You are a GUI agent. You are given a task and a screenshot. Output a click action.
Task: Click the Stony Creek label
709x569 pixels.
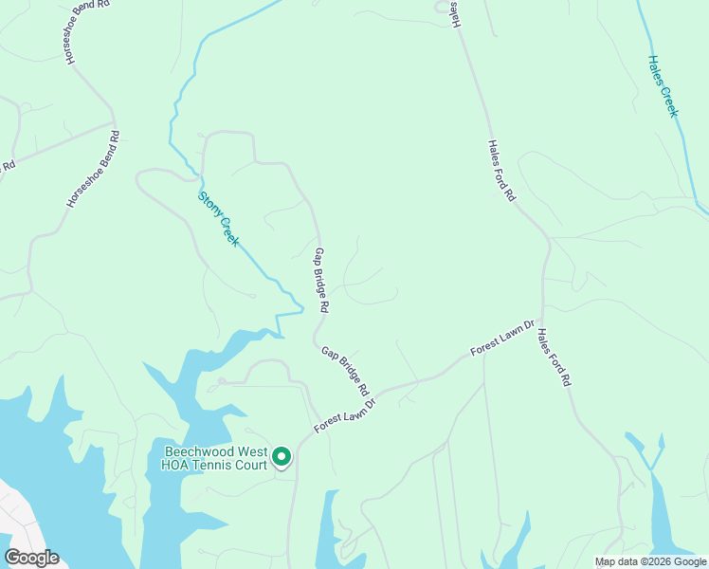pos(218,219)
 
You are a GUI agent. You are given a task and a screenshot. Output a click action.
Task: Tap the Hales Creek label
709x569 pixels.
pos(664,86)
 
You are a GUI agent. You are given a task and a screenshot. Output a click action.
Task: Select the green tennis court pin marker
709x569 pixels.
pos(281,457)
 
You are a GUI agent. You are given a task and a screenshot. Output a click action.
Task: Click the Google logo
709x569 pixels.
pos(31,558)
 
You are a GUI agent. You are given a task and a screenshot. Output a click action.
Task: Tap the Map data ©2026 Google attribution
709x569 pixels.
pos(650,561)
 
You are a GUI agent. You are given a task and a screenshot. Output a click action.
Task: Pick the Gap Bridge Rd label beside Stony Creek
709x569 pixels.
pos(321,281)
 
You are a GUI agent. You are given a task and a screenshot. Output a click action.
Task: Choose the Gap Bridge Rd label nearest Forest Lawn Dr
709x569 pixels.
pos(344,370)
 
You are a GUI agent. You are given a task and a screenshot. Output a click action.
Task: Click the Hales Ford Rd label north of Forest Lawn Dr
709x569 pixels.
pos(500,171)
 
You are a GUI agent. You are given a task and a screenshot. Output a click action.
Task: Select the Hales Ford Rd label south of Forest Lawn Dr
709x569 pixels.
pos(554,357)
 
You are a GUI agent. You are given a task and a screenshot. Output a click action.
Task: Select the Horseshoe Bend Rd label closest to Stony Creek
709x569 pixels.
pos(93,169)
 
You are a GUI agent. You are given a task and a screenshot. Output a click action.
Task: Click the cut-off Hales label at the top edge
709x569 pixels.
pos(454,13)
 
